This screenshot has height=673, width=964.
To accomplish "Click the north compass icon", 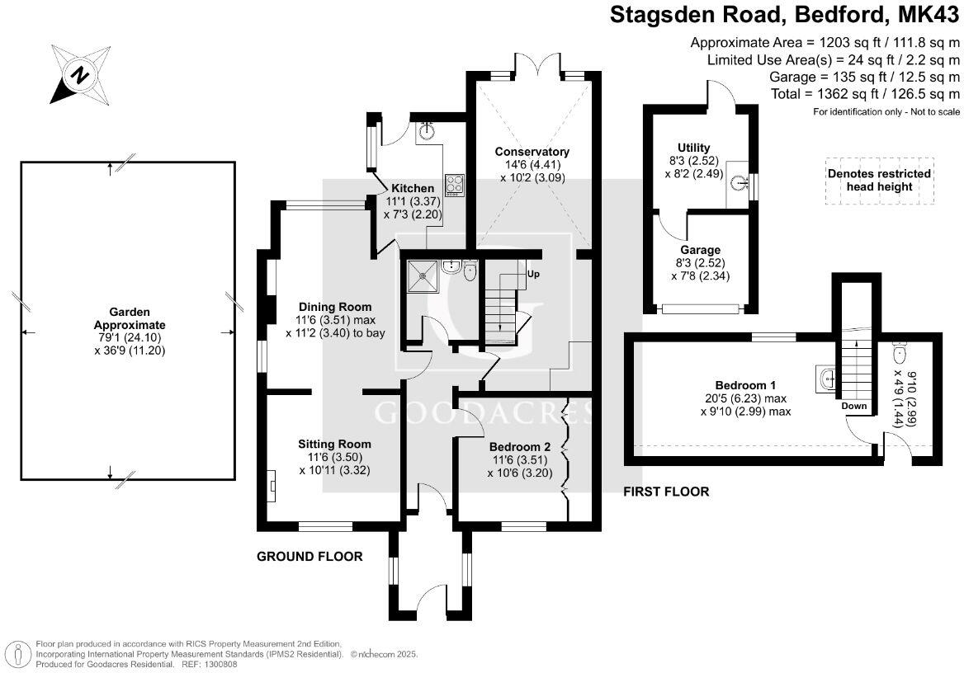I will pos(80,74).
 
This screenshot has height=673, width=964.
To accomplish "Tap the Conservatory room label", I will pos(532,152).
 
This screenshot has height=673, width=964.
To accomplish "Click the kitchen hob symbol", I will pos(454,182).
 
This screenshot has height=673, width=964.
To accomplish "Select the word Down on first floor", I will pos(854,407).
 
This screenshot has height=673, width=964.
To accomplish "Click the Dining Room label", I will pos(329,307).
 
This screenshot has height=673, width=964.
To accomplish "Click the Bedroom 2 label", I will pos(521,447).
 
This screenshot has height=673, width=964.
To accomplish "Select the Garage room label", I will pos(700,250).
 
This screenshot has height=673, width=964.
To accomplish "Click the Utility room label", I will pos(693,148).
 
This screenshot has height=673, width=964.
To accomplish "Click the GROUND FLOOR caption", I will pos(310,557).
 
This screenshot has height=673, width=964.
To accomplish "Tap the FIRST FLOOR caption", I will pos(665,492).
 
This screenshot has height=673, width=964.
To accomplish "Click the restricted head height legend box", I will pos(879,180).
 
